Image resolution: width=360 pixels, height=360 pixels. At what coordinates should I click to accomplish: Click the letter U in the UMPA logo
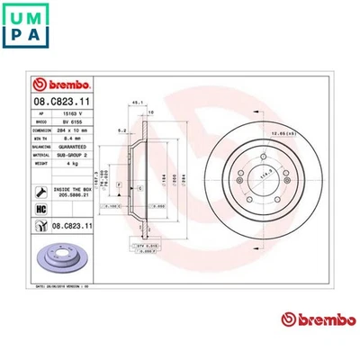point(21,14)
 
